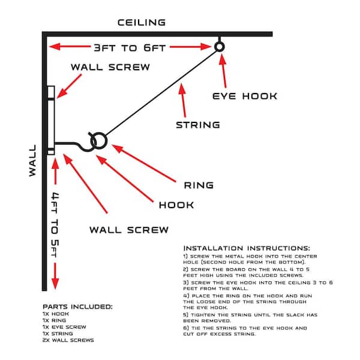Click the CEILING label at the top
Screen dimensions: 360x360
[142, 23]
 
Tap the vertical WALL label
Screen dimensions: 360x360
[32, 160]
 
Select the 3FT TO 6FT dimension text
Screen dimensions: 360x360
[130, 48]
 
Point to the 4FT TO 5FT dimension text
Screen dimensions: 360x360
[55, 225]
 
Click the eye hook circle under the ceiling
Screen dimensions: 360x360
[220, 43]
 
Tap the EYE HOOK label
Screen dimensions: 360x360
[245, 96]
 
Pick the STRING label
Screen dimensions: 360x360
[198, 125]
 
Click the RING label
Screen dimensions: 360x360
[199, 185]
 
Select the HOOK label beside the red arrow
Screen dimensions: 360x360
[176, 205]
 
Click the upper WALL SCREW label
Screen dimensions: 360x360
[110, 67]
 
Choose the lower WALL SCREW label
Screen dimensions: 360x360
[129, 230]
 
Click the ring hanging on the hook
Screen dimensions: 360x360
[99, 133]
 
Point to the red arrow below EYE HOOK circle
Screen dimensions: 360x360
[223, 71]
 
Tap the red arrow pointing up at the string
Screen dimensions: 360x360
[183, 100]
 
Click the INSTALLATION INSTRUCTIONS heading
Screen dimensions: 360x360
[247, 248]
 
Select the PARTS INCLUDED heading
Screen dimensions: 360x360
[77, 307]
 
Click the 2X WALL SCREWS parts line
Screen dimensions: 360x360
[68, 340]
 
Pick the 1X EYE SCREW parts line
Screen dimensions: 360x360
[64, 327]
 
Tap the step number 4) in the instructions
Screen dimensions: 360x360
[186, 296]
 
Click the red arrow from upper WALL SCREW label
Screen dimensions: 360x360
[70, 86]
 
